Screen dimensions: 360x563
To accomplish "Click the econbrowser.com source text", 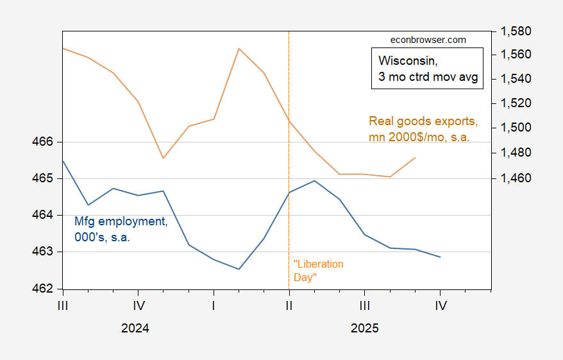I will (428, 40).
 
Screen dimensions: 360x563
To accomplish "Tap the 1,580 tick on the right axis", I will (517, 31).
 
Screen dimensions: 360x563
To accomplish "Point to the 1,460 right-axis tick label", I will (517, 178).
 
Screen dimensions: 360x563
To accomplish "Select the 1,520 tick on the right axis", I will (517, 103).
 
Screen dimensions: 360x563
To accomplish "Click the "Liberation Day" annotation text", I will (318, 270).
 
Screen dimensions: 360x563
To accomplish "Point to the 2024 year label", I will (135, 328).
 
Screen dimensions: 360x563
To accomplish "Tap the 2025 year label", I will (365, 328).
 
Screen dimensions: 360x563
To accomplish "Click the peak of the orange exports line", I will (239, 48).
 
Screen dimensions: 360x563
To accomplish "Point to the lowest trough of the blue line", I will (239, 269).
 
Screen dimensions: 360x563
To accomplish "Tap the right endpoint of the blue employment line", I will (441, 257).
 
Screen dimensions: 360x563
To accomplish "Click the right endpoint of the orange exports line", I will (416, 157).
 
